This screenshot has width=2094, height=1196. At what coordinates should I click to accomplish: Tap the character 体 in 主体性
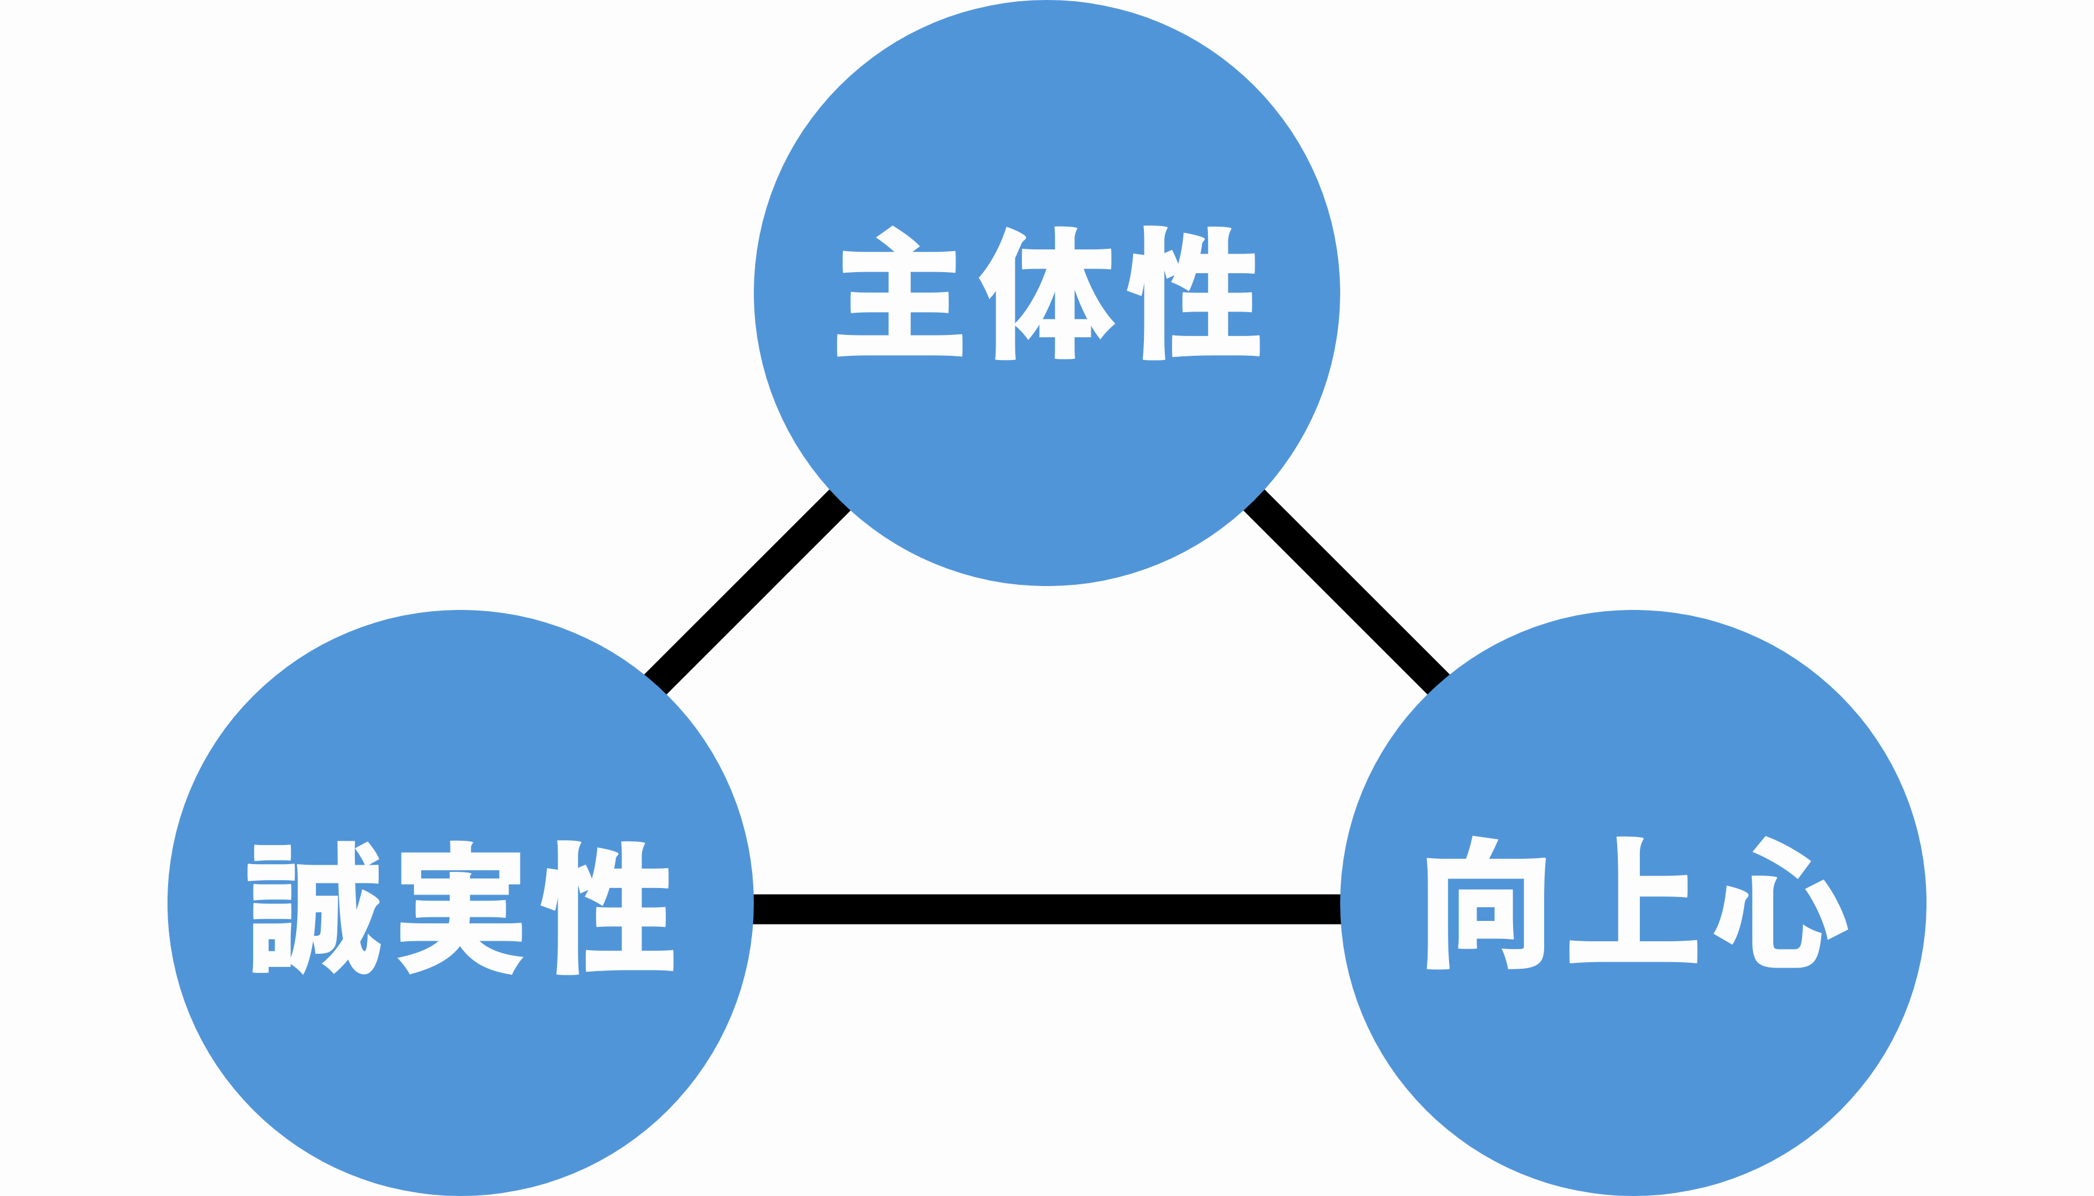(x=1046, y=293)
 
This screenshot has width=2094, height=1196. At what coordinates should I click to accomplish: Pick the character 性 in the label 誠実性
(x=607, y=908)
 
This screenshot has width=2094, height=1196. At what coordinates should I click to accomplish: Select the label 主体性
(x=1048, y=292)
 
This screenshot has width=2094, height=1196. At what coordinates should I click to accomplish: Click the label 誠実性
(x=460, y=908)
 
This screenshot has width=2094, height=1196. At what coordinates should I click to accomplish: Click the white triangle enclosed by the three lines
(x=1047, y=739)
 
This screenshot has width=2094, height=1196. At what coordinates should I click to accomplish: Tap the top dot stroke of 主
(x=897, y=238)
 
